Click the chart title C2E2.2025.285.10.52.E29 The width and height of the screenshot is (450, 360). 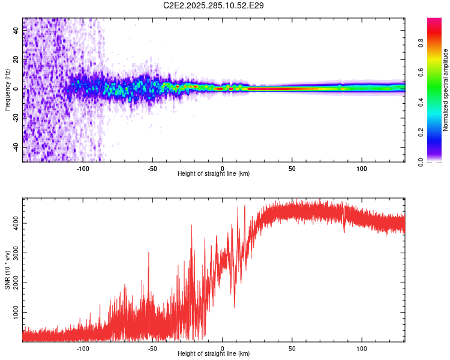click(x=214, y=5)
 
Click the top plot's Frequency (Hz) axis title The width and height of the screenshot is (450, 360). click(x=7, y=89)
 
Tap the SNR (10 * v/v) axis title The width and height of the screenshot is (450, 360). click(x=7, y=269)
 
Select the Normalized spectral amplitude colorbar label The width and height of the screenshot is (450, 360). click(x=446, y=90)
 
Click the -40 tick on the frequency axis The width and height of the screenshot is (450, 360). click(x=16, y=147)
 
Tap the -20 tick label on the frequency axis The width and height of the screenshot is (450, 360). click(x=16, y=118)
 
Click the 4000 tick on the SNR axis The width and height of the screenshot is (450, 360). click(x=16, y=223)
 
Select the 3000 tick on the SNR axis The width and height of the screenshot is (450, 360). click(x=16, y=253)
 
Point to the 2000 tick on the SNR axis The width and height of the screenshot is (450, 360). click(x=16, y=283)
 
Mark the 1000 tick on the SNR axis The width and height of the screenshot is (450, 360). click(x=16, y=313)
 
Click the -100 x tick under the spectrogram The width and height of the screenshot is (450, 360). click(x=83, y=169)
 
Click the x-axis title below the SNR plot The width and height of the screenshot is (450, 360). click(x=214, y=355)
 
